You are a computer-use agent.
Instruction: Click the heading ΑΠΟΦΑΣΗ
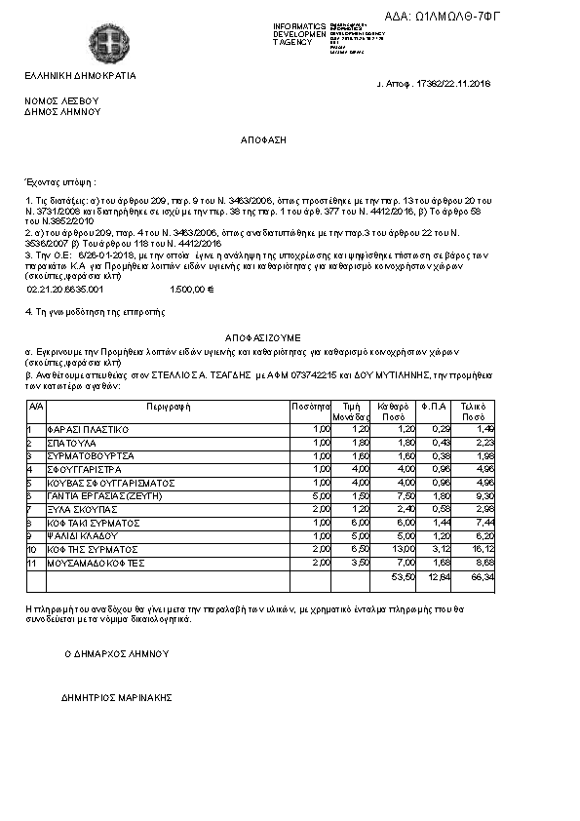(x=263, y=140)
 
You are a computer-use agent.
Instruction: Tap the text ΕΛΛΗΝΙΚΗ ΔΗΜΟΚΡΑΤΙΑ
(x=81, y=75)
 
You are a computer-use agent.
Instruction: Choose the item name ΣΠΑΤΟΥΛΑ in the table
(x=72, y=443)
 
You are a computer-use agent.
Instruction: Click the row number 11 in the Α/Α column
(x=32, y=563)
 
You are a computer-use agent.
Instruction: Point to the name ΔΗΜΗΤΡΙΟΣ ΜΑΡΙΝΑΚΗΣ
(x=116, y=698)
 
